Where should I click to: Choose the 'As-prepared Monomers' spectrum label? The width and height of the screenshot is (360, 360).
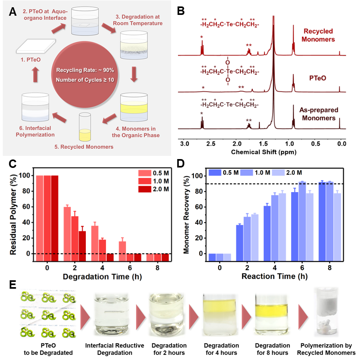[x=318, y=114]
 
